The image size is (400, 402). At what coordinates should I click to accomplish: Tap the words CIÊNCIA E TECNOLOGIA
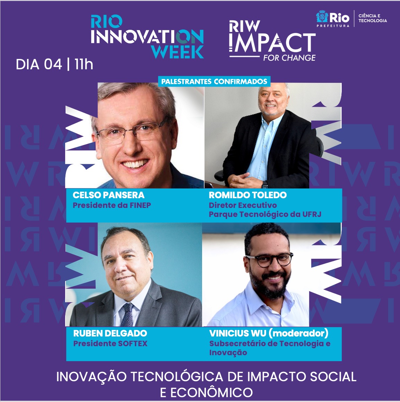(x=373, y=18)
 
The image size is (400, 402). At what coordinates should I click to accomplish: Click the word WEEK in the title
(x=177, y=52)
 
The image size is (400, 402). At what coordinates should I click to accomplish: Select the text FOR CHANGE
(x=289, y=58)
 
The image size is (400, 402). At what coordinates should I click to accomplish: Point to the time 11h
(x=84, y=64)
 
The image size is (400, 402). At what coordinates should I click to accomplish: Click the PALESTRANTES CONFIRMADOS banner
(x=214, y=81)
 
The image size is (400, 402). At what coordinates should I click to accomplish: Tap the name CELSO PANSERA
(x=109, y=195)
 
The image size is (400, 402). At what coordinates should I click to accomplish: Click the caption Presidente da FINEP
(x=112, y=206)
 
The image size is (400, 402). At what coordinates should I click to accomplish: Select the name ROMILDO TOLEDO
(x=248, y=195)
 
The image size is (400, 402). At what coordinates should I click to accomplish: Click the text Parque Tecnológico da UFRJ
(x=265, y=214)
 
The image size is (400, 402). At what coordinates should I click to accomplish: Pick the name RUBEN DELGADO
(x=110, y=333)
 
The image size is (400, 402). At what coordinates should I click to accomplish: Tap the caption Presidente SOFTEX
(x=110, y=343)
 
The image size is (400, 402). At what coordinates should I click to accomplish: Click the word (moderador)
(x=299, y=333)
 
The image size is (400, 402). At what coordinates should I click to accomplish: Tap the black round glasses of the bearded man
(x=269, y=260)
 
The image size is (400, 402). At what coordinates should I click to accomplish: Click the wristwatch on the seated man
(x=264, y=184)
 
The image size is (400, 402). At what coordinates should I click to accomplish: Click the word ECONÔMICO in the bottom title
(x=206, y=393)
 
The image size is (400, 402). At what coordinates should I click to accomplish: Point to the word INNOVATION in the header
(x=147, y=37)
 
